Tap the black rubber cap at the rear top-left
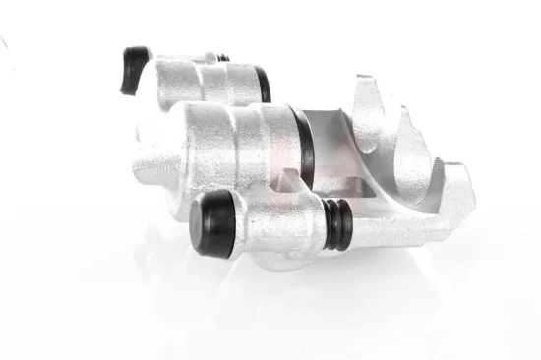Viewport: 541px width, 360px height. pos(135,70)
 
